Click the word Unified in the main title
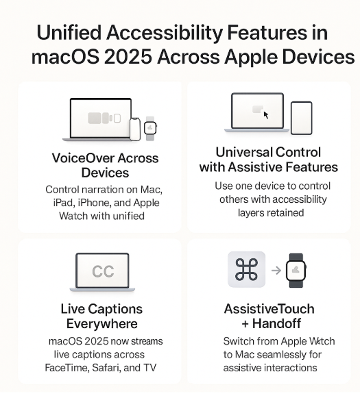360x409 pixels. pos(69,33)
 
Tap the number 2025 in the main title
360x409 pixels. pos(128,57)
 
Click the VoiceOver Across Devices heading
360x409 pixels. pos(105,165)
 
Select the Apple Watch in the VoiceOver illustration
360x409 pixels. pos(150,128)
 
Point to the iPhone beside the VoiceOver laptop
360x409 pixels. pos(134,129)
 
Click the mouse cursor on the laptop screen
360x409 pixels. pos(266,115)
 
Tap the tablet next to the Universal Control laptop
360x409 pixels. pos(302,118)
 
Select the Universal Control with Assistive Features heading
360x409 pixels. pos(269,160)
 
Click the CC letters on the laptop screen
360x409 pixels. pos(103,271)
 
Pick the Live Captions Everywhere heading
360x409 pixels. pos(101,316)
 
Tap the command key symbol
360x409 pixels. pos(246,269)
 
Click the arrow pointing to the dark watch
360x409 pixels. pos(276,271)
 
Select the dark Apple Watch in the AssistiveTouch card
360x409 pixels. pos(296,271)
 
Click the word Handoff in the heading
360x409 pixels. pos(276,323)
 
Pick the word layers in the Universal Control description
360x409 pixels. pos(249,213)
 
